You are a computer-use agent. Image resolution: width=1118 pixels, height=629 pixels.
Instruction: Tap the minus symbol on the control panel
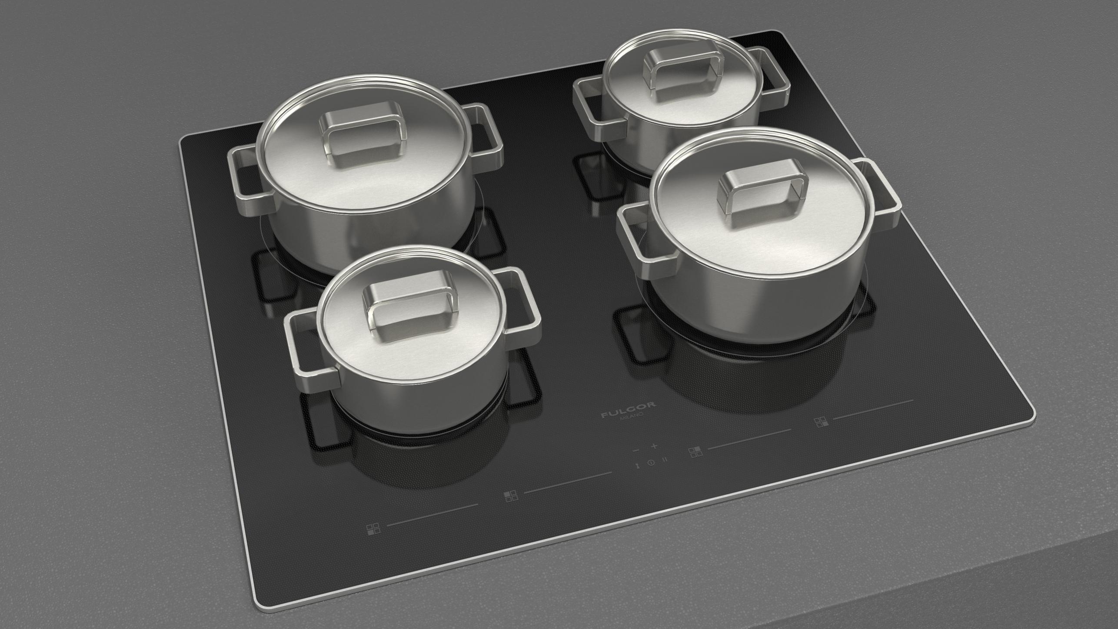coord(636,450)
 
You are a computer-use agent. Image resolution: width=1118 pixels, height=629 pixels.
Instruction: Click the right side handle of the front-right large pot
coord(878,193)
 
